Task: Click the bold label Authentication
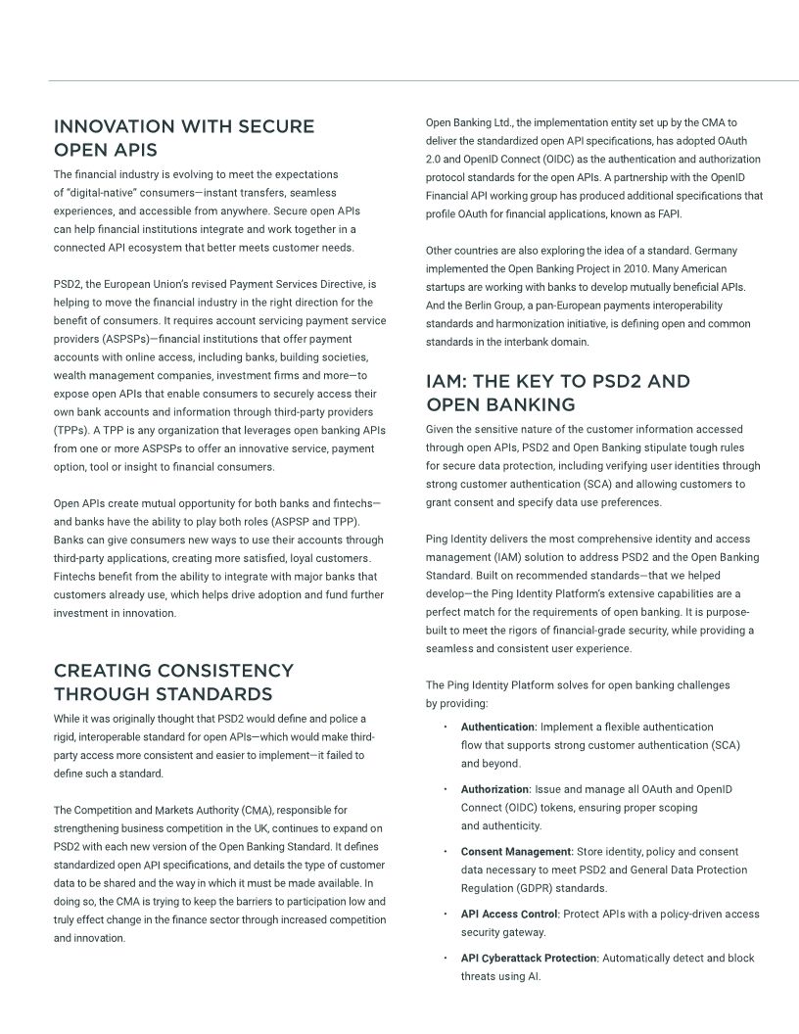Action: click(497, 727)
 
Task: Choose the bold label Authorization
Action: click(494, 789)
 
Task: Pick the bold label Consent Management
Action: click(516, 852)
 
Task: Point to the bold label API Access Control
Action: click(509, 914)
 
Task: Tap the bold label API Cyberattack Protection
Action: click(529, 958)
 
